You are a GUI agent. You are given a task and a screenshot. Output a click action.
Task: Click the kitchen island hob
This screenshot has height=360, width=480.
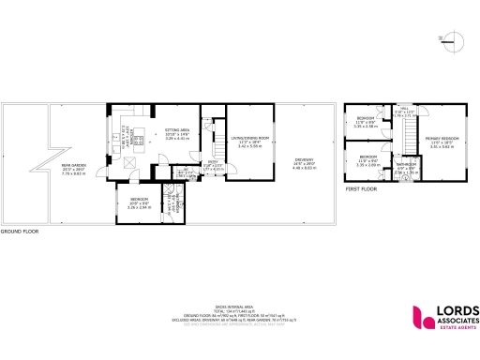pos(138,142)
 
